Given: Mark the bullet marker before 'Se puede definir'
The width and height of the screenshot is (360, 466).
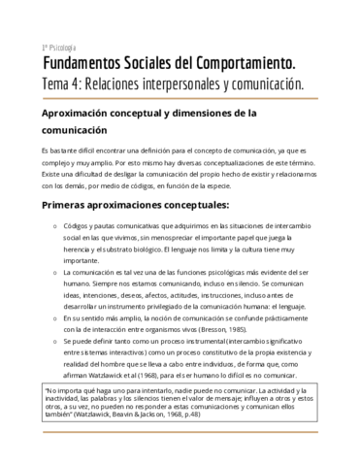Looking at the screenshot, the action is point(52,342).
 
